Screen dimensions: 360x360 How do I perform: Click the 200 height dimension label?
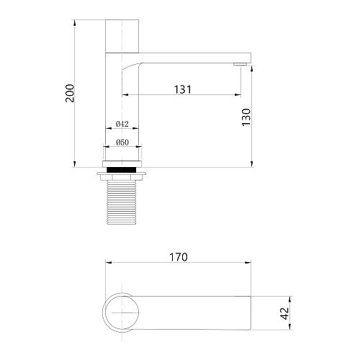tap(70, 93)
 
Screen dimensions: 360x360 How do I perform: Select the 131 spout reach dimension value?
tap(183, 89)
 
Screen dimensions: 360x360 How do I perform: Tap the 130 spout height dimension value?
tap(246, 117)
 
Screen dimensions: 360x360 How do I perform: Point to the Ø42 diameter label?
tap(122, 124)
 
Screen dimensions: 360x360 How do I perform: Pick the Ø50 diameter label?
tap(122, 143)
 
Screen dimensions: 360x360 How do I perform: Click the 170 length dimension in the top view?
tap(179, 257)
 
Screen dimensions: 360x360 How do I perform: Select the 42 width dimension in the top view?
tap(284, 313)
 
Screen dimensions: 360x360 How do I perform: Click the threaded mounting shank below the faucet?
tap(122, 202)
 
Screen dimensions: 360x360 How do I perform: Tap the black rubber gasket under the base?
tap(122, 170)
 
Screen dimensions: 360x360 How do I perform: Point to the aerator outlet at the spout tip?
tap(240, 64)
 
